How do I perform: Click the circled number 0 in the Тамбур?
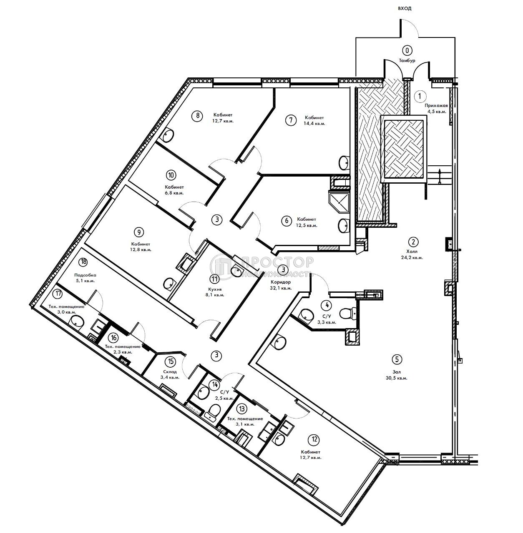(x=407, y=51)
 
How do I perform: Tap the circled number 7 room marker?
(x=291, y=120)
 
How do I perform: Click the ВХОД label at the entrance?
(x=405, y=9)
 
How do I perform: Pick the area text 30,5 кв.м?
(x=397, y=378)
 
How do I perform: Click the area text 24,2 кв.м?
(x=413, y=257)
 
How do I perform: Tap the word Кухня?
(x=215, y=289)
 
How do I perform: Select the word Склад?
(x=170, y=371)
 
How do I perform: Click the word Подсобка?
(x=85, y=275)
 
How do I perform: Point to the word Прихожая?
(x=436, y=105)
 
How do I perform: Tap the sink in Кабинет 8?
(x=168, y=135)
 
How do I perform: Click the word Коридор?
(x=281, y=282)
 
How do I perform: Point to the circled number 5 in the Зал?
(x=397, y=359)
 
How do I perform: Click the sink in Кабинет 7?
(x=344, y=162)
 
